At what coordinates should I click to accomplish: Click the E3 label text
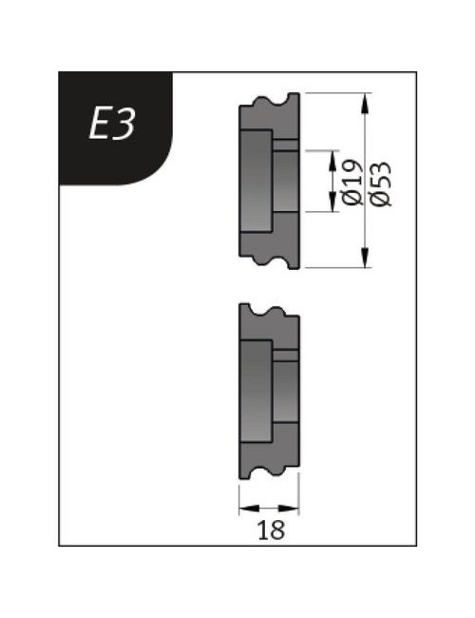pyautogui.click(x=113, y=124)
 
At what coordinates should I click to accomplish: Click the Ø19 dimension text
pyautogui.click(x=352, y=183)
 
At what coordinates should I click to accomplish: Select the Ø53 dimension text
pyautogui.click(x=381, y=184)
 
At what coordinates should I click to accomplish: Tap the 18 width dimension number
pyautogui.click(x=271, y=531)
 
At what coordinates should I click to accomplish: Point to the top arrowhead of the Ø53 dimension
pyautogui.click(x=366, y=104)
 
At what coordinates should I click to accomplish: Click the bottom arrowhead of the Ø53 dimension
pyautogui.click(x=366, y=257)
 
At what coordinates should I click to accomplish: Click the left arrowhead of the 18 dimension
pyautogui.click(x=250, y=509)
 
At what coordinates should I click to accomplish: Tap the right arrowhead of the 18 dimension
pyautogui.click(x=288, y=509)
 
